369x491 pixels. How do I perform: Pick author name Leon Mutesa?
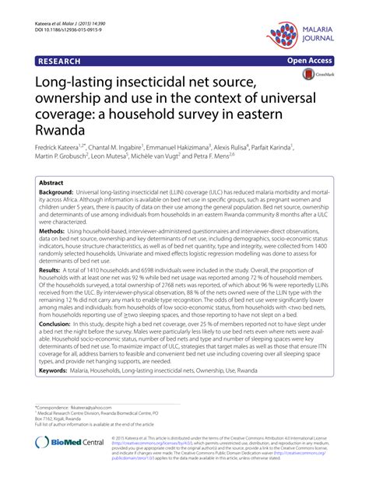coord(126,158)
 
